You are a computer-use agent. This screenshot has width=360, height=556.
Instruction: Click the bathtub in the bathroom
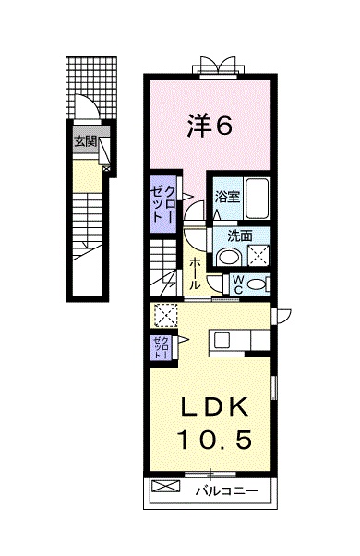click(258, 197)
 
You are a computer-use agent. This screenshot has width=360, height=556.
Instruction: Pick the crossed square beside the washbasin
click(258, 256)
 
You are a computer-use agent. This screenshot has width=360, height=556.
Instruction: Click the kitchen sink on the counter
click(225, 341)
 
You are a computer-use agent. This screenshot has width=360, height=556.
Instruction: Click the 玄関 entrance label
click(84, 141)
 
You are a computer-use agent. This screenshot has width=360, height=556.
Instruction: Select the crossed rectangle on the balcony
click(162, 486)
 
